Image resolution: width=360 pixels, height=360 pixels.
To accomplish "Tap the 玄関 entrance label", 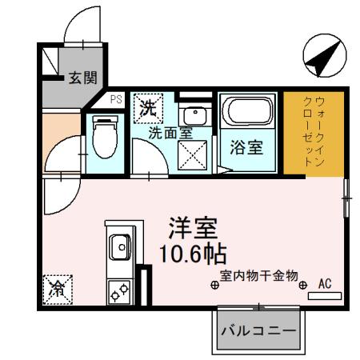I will (82, 78).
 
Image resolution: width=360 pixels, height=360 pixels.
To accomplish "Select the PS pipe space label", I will (115, 100).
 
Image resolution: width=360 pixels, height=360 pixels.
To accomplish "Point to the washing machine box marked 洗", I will (149, 107).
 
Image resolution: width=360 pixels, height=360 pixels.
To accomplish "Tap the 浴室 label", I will (248, 148).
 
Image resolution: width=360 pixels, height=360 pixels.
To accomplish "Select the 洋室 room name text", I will (191, 227).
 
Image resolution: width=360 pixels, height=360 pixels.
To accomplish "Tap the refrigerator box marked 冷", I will (58, 289).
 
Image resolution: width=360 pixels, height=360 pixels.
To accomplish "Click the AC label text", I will (324, 282).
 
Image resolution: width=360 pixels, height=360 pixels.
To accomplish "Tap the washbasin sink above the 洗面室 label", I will (193, 115).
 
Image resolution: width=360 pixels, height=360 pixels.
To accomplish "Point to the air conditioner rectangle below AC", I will (325, 296).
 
